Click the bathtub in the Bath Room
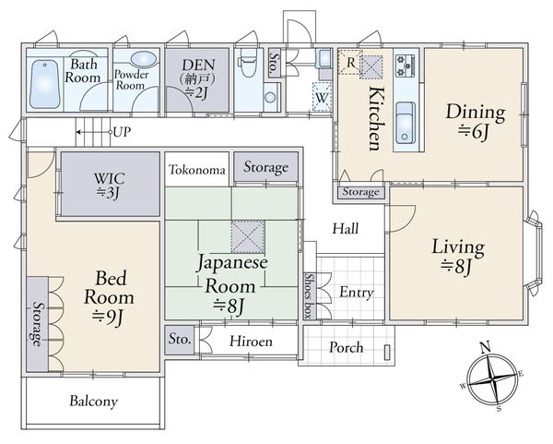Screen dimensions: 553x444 click(44, 84)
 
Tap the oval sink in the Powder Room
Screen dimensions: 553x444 click(143, 59)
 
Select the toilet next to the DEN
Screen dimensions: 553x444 click(248, 62)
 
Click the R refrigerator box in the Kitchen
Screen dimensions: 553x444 click(350, 62)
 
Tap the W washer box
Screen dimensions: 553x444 click(322, 97)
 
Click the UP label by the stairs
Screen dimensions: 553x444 click(122, 132)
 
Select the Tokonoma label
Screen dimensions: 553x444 click(197, 170)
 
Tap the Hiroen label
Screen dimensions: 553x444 click(251, 342)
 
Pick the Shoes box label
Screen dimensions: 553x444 click(310, 296)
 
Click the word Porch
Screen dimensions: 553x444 click(346, 348)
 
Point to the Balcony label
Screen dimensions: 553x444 click(93, 402)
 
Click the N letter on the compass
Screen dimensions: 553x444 click(486, 347)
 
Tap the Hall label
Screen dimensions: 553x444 click(346, 229)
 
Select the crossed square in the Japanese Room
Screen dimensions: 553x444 click(248, 237)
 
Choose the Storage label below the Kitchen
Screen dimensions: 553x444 click(360, 192)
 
